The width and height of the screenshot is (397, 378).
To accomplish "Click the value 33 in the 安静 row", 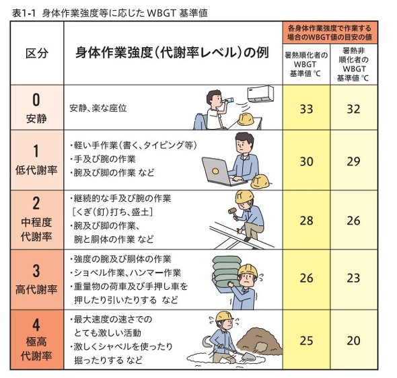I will click(x=306, y=108).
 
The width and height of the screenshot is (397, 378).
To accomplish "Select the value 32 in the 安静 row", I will click(x=353, y=108).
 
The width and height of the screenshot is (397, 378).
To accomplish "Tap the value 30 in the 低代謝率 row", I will click(x=306, y=161).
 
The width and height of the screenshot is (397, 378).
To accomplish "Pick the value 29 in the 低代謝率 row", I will click(x=353, y=161).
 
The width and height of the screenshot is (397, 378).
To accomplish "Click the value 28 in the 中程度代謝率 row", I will click(x=306, y=220).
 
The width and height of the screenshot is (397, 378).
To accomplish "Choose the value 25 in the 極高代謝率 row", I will click(x=306, y=340).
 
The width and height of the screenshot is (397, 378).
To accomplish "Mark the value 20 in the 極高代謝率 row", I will click(x=353, y=340).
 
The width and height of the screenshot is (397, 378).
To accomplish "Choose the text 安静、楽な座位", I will click(x=98, y=108).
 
